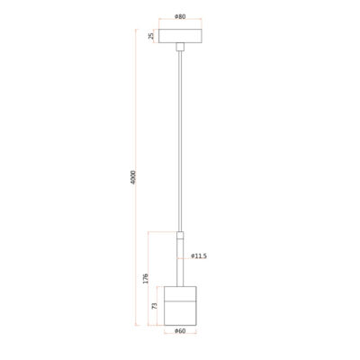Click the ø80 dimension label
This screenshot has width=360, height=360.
(180, 16)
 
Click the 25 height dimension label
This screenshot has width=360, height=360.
(151, 36)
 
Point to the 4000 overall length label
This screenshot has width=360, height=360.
(133, 177)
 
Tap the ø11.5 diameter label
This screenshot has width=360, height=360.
(199, 256)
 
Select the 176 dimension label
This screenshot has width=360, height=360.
(146, 278)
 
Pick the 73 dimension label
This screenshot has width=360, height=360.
(155, 306)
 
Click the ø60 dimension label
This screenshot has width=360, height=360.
(180, 331)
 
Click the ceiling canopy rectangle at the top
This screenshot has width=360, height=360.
(180, 36)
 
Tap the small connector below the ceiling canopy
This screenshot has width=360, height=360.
(180, 47)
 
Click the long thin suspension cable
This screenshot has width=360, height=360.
(180, 141)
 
